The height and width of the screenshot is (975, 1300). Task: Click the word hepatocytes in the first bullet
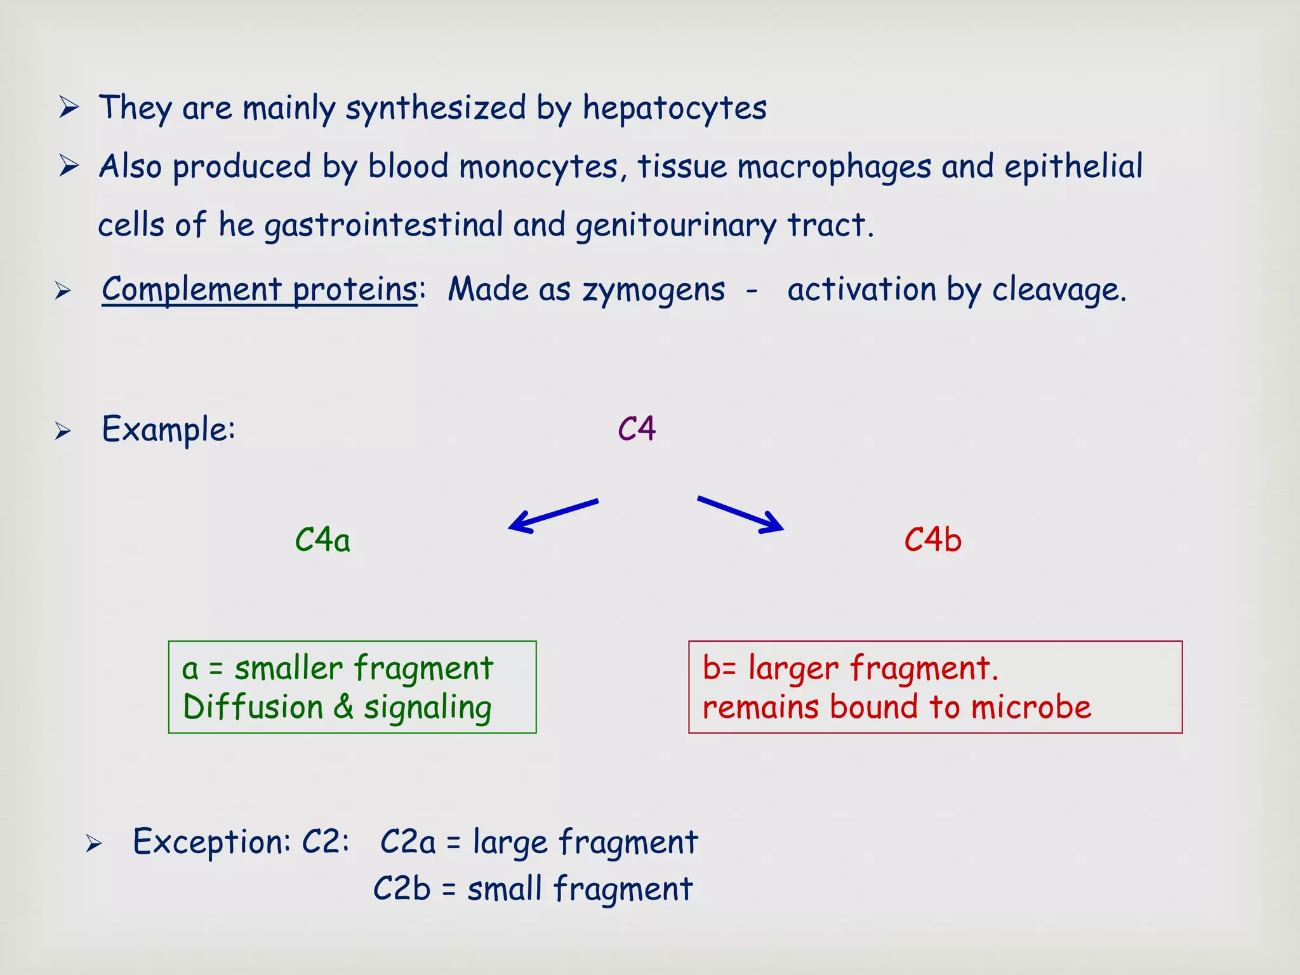pyautogui.click(x=674, y=108)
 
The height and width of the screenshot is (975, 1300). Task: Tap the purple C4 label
pyautogui.click(x=637, y=429)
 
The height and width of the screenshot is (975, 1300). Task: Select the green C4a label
pyautogui.click(x=322, y=540)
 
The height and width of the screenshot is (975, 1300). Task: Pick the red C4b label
pyautogui.click(x=932, y=540)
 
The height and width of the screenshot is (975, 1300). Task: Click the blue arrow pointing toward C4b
pyautogui.click(x=741, y=514)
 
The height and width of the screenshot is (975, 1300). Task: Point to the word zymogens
pyautogui.click(x=653, y=291)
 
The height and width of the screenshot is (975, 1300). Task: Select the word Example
pyautogui.click(x=168, y=429)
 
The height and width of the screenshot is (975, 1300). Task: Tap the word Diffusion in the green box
pyautogui.click(x=253, y=707)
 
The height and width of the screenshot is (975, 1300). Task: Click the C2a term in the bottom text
pyautogui.click(x=408, y=843)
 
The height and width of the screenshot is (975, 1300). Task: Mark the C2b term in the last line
pyautogui.click(x=402, y=889)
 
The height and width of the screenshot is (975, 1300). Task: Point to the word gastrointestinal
pyautogui.click(x=383, y=226)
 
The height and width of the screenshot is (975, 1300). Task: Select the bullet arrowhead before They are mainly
pyautogui.click(x=69, y=107)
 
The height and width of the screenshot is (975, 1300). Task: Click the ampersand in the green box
pyautogui.click(x=343, y=707)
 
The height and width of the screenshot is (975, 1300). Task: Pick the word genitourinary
pyautogui.click(x=675, y=226)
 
